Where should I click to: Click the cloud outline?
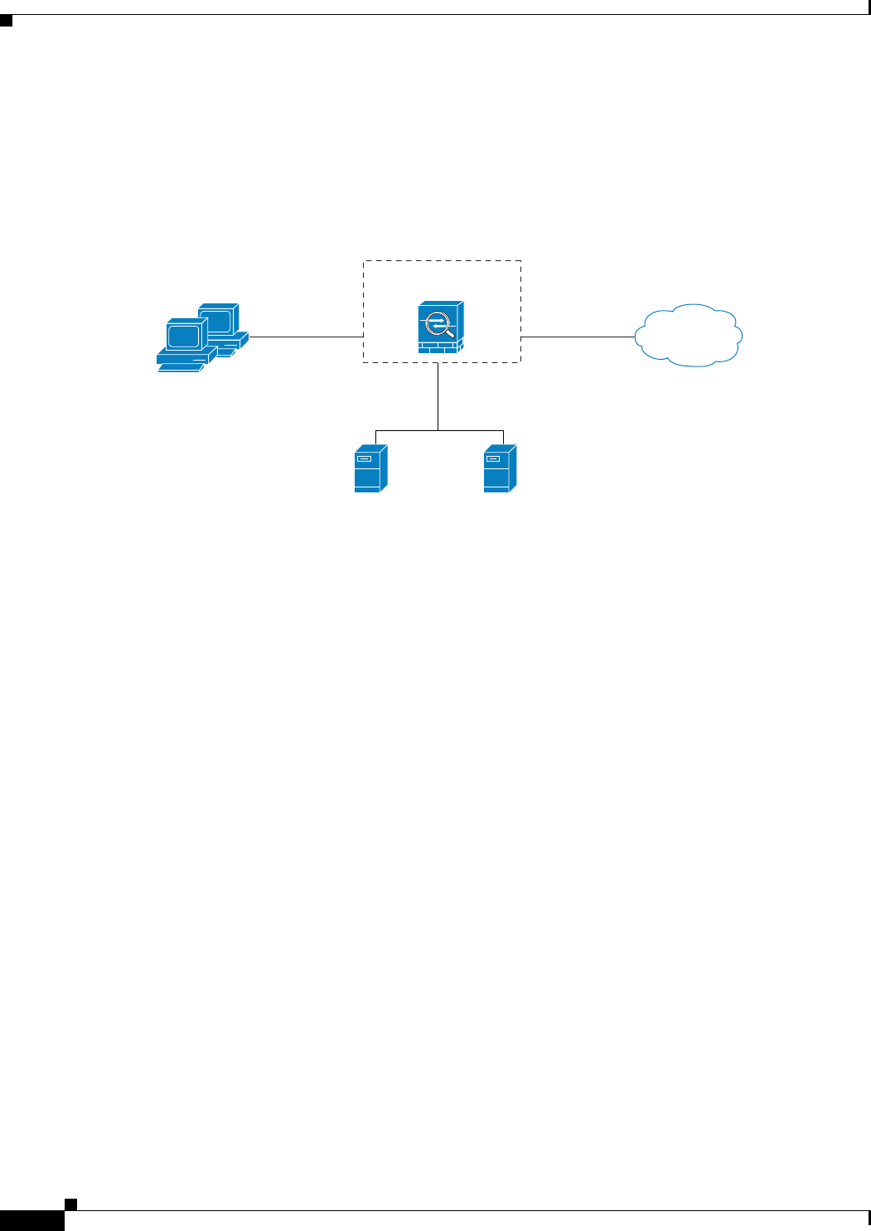688,336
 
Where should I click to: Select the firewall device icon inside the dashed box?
441,327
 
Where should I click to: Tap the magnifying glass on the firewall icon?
439,324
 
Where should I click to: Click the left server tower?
370,469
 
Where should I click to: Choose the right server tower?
500,469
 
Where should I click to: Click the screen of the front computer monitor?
183,336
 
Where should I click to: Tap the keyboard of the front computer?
181,365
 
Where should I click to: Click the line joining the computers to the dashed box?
307,337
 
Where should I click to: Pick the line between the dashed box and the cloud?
578,337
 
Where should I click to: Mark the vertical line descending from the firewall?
438,396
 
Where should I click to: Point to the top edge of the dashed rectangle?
442,261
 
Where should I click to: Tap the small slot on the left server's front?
363,458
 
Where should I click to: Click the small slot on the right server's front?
492,458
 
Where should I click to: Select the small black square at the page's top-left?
6,20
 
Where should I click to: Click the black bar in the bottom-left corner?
31,1221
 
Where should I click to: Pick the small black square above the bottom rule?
71,1204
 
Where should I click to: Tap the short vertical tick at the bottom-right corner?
869,1219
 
